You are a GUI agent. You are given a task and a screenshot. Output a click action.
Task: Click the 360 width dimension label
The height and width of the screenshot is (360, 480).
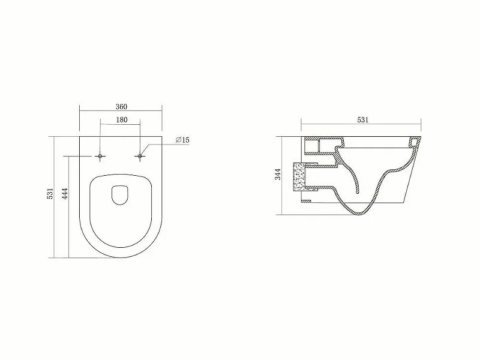tap(121, 106)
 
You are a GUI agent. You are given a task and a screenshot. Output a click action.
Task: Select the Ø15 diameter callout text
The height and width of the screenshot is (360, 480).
tap(183, 140)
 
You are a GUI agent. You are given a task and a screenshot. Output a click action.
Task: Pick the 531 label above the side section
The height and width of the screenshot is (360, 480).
tap(363, 120)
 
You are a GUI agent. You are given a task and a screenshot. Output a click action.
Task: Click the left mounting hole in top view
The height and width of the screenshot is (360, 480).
tap(100, 156)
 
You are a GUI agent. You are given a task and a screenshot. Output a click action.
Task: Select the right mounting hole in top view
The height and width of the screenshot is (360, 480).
tap(141, 156)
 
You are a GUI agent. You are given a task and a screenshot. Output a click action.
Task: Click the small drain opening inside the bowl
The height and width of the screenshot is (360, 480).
tap(121, 194)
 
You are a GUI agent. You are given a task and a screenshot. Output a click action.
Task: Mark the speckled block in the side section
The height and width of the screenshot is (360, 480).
tap(298, 177)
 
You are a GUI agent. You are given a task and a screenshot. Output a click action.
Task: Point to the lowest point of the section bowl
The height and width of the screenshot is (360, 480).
tap(363, 214)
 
